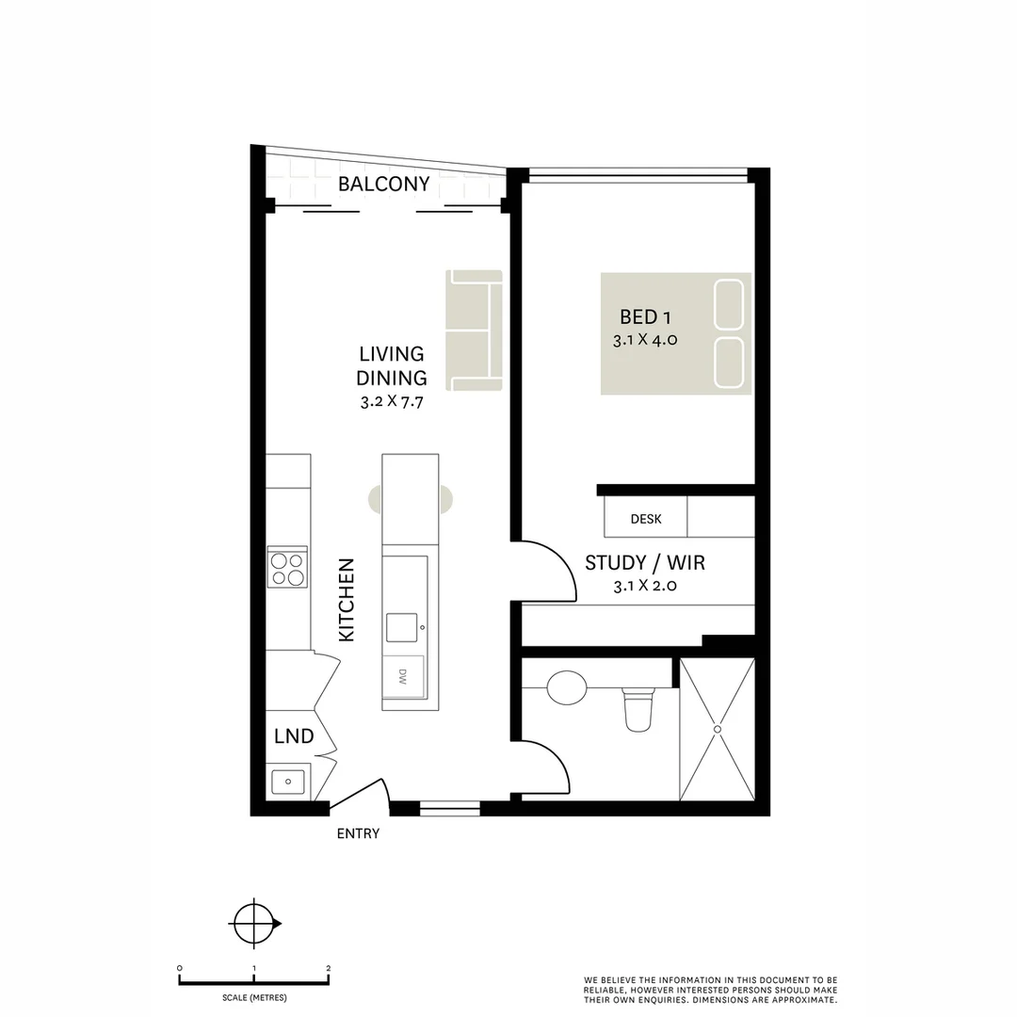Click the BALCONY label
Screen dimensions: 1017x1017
(383, 184)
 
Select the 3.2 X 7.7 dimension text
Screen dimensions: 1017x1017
(392, 401)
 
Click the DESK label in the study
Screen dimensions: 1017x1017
(646, 519)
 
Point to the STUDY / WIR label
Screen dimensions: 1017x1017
(645, 563)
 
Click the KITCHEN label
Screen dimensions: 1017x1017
(347, 600)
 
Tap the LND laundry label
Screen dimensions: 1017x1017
(294, 736)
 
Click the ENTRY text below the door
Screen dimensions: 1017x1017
(358, 833)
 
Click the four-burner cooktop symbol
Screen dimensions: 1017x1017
(287, 568)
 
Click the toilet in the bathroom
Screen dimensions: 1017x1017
(638, 710)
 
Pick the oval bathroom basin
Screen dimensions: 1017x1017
(567, 687)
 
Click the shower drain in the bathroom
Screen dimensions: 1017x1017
(718, 729)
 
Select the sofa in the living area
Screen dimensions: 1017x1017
(474, 330)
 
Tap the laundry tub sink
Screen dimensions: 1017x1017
(287, 781)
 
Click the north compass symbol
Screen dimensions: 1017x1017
(255, 923)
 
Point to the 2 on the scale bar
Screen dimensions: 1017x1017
(328, 968)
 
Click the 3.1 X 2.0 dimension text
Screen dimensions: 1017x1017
(645, 586)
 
